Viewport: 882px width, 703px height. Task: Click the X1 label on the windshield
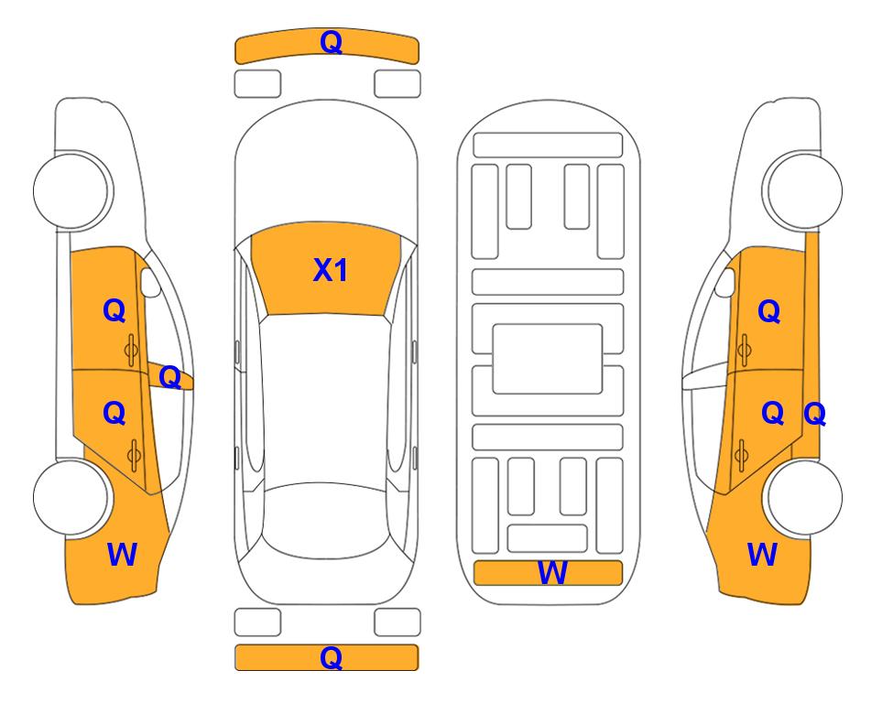coord(331,270)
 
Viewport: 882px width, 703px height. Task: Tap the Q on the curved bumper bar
coord(331,42)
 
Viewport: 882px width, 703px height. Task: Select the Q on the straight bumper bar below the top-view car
coord(331,657)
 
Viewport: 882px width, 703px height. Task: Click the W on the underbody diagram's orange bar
coord(551,572)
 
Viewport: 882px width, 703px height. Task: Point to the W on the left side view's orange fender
coord(122,555)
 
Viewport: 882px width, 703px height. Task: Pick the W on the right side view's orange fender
coord(762,555)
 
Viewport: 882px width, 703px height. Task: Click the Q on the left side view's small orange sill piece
coord(169,377)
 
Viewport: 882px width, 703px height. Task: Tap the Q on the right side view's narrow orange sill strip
coord(814,414)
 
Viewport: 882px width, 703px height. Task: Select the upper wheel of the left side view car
coord(72,190)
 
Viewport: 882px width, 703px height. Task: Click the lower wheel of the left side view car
coord(72,498)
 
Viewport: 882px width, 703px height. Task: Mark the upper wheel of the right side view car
coord(802,190)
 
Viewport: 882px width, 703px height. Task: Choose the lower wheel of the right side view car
coord(802,498)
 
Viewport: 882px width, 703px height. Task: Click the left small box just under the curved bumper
coord(257,84)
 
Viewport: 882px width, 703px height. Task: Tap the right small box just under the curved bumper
coord(397,84)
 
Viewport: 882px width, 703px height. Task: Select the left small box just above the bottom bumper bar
coord(257,622)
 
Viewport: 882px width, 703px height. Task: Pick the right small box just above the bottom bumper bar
coord(397,622)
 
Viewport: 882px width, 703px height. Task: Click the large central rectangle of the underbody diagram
coord(548,359)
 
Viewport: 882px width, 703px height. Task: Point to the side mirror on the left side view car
coord(150,283)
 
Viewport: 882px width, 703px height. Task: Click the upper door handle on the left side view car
coord(131,350)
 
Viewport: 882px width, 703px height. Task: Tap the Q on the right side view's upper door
coord(769,311)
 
